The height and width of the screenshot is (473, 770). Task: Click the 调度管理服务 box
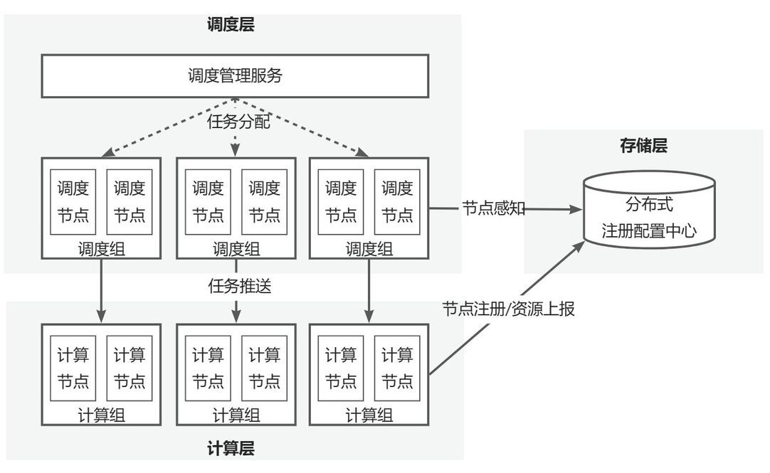[x=235, y=76]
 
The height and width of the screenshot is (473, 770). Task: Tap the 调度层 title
[x=231, y=26]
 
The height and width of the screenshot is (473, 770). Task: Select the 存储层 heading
[x=643, y=147]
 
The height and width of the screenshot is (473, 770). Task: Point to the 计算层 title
[x=231, y=448]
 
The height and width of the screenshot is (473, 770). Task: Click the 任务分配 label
[x=238, y=122]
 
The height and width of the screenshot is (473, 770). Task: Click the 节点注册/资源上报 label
[x=508, y=309]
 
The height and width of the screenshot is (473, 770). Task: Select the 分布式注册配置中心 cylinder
[x=648, y=210]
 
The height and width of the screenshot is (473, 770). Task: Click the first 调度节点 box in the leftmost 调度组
[x=74, y=202]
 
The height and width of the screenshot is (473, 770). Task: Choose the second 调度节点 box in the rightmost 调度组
[x=397, y=202]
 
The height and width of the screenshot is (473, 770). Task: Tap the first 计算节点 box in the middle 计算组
[x=208, y=367]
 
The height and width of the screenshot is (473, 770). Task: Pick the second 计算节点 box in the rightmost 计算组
[x=397, y=367]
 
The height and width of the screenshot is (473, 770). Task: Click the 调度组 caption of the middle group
[x=236, y=249]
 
